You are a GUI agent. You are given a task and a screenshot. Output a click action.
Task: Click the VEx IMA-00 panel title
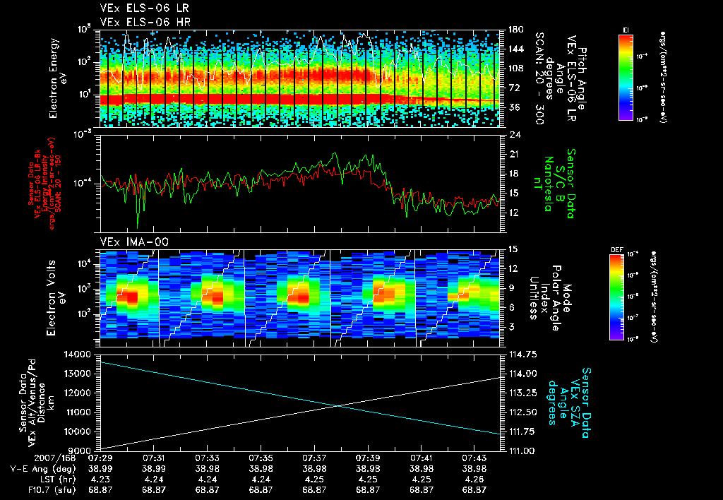(x=129, y=242)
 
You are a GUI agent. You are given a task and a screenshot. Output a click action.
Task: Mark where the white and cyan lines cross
(x=340, y=405)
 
